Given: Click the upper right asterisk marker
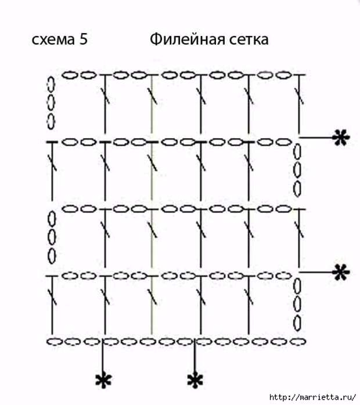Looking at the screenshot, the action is click(341, 138).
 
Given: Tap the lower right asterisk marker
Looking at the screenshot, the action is click(341, 272).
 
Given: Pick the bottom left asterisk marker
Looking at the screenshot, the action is click(103, 381).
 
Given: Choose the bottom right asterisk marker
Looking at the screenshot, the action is click(195, 381).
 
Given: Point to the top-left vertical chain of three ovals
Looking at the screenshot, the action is click(51, 103).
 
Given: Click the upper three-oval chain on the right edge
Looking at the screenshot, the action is click(298, 172).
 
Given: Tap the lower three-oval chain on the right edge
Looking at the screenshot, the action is click(298, 305).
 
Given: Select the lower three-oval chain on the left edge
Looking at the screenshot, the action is click(51, 237).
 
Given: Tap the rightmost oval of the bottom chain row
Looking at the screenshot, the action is click(297, 341).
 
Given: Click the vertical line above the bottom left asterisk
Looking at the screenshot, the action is click(103, 356).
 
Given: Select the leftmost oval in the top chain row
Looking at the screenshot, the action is click(70, 75).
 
